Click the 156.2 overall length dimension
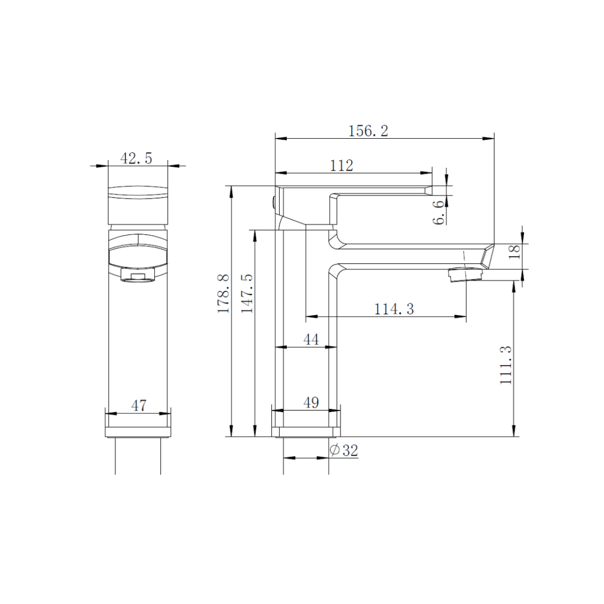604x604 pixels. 368,131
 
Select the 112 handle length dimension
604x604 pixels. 342,166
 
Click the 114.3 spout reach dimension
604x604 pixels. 394,309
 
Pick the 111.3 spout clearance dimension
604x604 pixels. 506,364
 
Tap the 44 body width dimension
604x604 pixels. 311,339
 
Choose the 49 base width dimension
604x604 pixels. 311,403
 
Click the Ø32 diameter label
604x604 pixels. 344,451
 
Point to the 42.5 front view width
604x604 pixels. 136,158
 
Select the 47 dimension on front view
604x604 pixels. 138,405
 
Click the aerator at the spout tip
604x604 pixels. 465,275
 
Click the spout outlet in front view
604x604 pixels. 138,276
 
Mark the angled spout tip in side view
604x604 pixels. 487,256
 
